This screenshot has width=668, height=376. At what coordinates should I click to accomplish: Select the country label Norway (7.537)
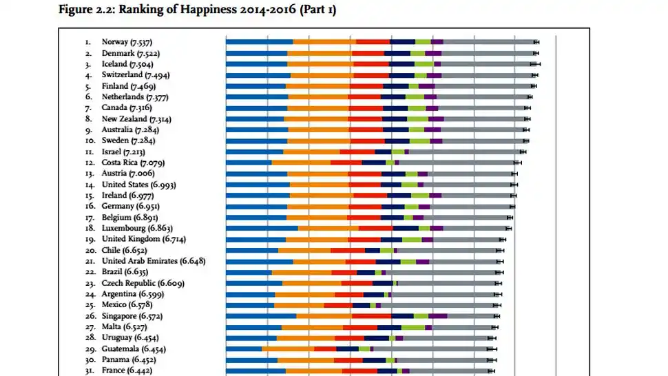[130, 42]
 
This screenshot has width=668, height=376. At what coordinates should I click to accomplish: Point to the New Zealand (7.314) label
[136, 118]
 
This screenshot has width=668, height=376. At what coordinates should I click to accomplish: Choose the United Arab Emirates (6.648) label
[153, 261]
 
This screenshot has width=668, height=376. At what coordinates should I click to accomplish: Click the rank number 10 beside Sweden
[89, 140]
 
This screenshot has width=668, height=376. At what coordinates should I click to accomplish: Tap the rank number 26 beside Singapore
[89, 316]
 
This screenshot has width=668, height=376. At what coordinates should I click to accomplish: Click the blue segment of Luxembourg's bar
[262, 228]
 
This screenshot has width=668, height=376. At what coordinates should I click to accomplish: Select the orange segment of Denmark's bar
[320, 53]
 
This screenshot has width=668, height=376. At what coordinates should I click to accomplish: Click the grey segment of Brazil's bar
[441, 272]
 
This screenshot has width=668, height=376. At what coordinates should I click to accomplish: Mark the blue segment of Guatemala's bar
[244, 349]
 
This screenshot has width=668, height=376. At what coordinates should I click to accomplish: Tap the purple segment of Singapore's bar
[437, 316]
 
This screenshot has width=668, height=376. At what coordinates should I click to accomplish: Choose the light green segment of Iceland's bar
[424, 64]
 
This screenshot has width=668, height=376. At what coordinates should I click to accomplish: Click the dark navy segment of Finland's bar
[395, 86]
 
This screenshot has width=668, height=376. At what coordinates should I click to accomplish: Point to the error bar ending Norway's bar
[536, 42]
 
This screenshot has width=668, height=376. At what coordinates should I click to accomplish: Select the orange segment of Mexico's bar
[299, 305]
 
